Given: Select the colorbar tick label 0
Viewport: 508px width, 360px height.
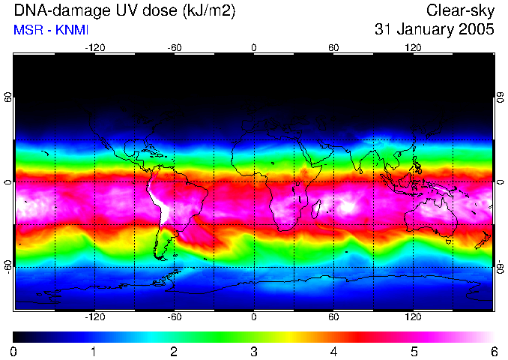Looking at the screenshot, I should coord(13,351).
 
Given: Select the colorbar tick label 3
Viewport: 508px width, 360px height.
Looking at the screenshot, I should coord(254,351).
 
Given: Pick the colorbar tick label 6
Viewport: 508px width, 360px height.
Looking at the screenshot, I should coord(494,351).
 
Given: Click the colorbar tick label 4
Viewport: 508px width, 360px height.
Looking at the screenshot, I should coord(334,351).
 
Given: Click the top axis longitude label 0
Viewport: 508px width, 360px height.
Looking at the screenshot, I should coord(254,48).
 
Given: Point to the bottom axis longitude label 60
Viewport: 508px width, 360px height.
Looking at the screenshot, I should coord(333,317).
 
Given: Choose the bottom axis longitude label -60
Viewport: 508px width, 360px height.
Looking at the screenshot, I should coord(174,317).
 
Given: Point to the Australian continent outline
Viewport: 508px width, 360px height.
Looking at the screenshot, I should coord(431,214).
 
